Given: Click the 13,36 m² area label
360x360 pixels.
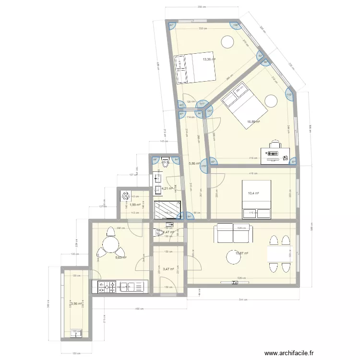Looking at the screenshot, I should pos(209,60).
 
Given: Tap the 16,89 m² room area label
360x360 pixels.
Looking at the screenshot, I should pos(253,122).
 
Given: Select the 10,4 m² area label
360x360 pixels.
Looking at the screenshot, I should pos(253,193).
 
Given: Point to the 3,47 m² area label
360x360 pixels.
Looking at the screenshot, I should pos(168,269).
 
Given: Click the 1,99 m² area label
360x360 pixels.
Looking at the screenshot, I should pos(134,205).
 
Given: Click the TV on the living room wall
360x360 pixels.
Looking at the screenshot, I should pos(235,282).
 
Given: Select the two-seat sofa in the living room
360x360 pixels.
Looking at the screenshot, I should pos(235,233).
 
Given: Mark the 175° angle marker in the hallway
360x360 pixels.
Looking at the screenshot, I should pos(204,167).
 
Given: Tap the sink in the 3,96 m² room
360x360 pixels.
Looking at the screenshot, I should pos(76,332).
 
